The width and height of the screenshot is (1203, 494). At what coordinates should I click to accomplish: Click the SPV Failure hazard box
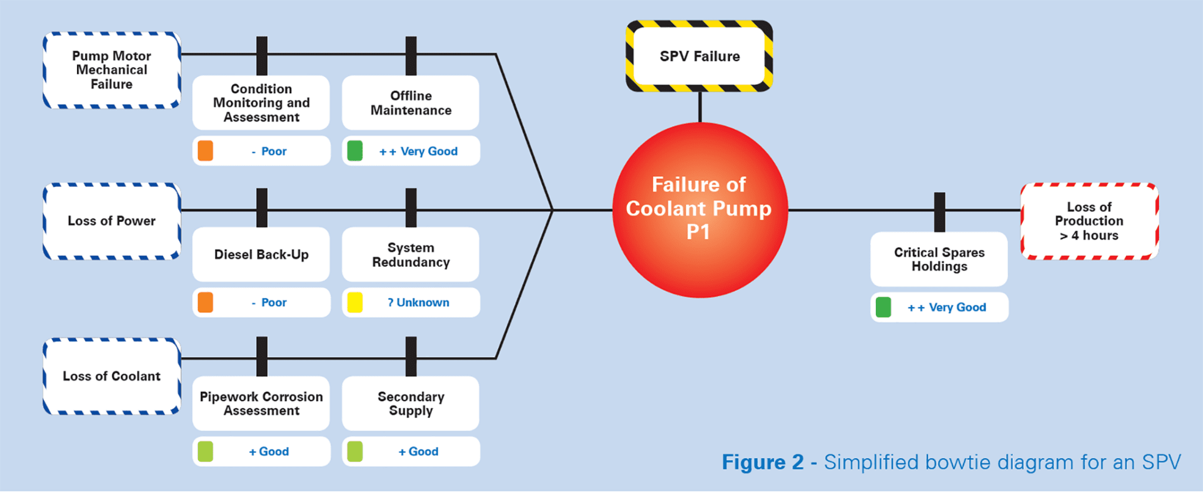point(699,56)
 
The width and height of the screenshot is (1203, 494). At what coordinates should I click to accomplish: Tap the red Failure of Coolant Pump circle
point(699,209)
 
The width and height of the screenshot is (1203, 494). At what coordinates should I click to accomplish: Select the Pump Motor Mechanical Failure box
point(112,70)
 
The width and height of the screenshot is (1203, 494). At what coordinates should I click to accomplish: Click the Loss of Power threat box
point(112,221)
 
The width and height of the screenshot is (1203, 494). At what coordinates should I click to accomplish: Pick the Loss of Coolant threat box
point(112,376)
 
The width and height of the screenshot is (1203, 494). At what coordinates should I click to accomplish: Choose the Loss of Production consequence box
point(1089,221)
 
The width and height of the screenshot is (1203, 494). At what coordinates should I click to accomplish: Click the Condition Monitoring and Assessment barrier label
point(261,103)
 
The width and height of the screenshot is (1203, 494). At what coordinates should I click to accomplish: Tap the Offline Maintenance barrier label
point(411,103)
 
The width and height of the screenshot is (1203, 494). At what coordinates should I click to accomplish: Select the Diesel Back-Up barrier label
point(261,254)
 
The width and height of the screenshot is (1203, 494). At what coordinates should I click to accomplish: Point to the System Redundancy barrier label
point(411,254)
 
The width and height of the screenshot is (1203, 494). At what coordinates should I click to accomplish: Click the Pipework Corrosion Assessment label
point(261,404)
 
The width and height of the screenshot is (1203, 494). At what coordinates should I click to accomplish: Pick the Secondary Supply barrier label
point(411,404)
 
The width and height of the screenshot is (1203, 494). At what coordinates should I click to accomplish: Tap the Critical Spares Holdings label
point(939,259)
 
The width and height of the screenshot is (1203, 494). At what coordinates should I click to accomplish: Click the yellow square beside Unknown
point(355,303)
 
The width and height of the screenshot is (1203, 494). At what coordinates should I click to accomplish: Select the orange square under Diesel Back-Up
point(206,303)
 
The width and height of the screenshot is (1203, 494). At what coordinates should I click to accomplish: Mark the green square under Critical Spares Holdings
point(883,307)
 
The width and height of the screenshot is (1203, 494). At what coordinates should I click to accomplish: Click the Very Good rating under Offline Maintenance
point(418,152)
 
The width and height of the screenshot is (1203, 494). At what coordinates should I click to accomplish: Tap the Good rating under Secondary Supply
point(418,452)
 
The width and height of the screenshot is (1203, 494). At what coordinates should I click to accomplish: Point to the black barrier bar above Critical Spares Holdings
point(940,211)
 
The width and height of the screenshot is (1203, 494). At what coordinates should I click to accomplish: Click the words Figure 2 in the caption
point(762,462)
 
